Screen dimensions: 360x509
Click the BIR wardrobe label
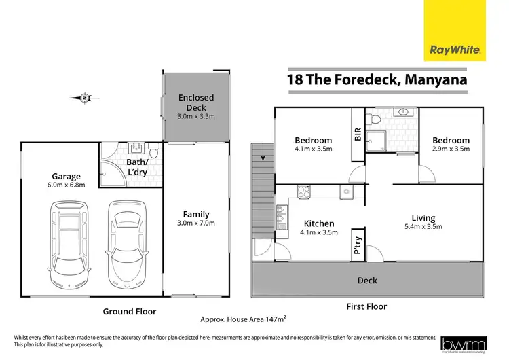358,135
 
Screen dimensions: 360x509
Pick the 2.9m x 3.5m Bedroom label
451,145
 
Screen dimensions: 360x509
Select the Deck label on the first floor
367,280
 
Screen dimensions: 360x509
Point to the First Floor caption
368,307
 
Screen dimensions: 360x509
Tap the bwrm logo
465,344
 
